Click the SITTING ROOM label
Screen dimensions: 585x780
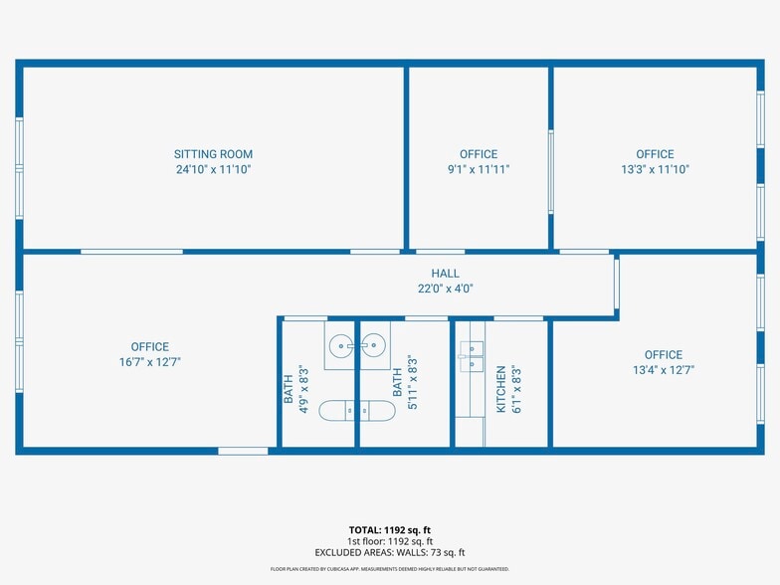pos(213,154)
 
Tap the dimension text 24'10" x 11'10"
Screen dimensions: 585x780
pos(213,169)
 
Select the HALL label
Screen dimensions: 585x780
pos(445,274)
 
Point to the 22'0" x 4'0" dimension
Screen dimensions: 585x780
pos(445,289)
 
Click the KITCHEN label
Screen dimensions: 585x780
pos(501,389)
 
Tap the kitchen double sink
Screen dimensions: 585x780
pos(472,355)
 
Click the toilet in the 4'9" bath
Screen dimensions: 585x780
pos(334,409)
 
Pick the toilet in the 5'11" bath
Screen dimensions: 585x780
pos(380,409)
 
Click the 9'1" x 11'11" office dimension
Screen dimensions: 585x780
pos(479,169)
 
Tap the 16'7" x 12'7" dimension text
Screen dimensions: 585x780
pos(149,362)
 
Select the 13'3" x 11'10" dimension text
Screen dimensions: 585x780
pos(655,169)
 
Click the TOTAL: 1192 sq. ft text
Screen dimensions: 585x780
pos(389,529)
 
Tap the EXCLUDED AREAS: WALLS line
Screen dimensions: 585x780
pos(389,552)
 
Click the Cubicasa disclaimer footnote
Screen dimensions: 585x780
pos(389,569)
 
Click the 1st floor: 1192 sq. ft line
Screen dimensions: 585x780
pos(389,541)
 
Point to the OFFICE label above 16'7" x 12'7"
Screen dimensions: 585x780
pos(149,347)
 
